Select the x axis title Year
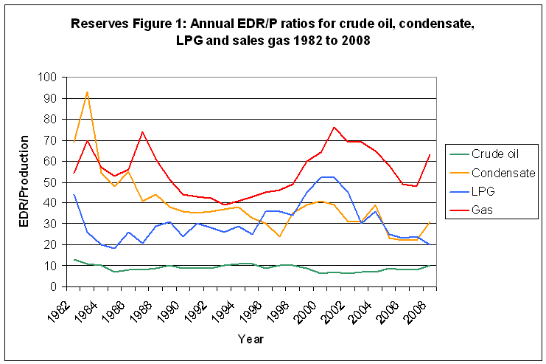(x=249, y=339)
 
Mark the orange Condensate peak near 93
(x=87, y=92)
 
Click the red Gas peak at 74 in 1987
(x=142, y=131)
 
